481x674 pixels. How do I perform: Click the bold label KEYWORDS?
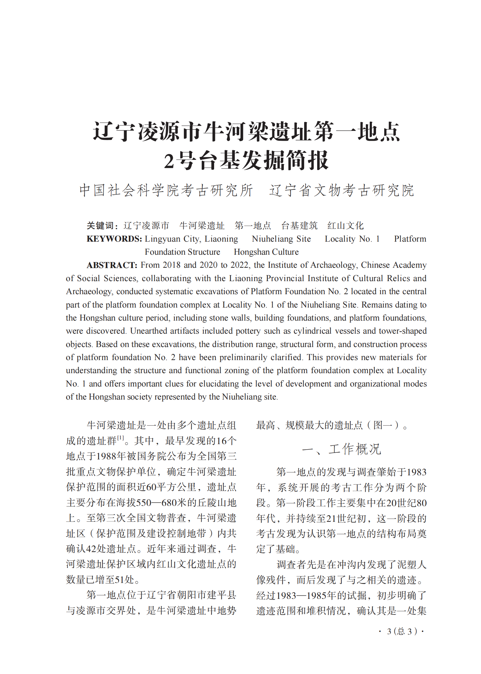(114, 239)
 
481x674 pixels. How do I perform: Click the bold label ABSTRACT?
(112, 265)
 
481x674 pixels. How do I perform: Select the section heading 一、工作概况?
(341, 449)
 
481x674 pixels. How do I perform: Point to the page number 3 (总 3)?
(401, 631)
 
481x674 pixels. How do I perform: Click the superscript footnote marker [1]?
(121, 438)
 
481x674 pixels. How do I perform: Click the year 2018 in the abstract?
(171, 265)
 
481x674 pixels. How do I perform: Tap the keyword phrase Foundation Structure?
(182, 252)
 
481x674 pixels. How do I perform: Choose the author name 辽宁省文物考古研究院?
(341, 190)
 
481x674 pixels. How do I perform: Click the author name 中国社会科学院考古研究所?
(166, 190)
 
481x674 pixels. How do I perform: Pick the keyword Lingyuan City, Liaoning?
(192, 239)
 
